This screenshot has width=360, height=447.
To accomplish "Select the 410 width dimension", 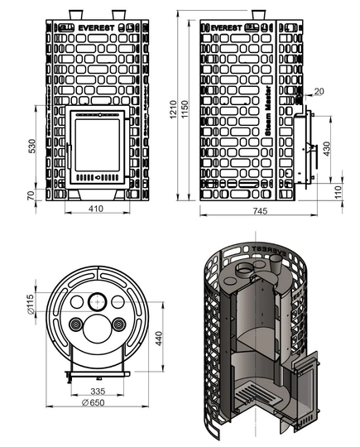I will pyautogui.click(x=96, y=209).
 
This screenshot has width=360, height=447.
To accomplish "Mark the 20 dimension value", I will pyautogui.click(x=319, y=90).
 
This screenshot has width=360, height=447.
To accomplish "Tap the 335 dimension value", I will pyautogui.click(x=98, y=390).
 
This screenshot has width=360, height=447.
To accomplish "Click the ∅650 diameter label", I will pyautogui.click(x=97, y=402).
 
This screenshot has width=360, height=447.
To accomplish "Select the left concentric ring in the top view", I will pyautogui.click(x=77, y=324).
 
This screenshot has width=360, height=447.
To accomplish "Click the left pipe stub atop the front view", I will pyautogui.click(x=75, y=14).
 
